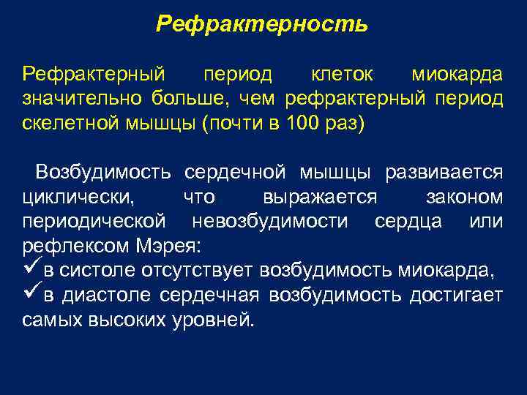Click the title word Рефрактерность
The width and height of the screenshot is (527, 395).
point(262,25)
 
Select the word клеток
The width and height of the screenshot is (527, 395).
point(343,75)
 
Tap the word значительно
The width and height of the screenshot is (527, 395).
point(83,99)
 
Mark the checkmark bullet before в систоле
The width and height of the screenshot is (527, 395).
point(31,270)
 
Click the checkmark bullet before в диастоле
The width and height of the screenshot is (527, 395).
point(31,295)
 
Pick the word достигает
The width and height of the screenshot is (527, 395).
point(457,296)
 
